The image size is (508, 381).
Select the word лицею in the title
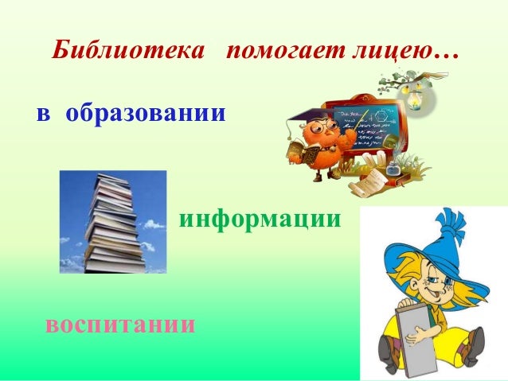tap(390, 53)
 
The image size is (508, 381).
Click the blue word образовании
tap(145, 113)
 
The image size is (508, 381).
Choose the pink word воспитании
tap(120, 325)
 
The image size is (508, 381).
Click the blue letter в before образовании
tap(45, 114)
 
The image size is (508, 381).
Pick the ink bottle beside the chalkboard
tap(392, 169)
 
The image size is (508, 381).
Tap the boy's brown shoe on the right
tap(474, 346)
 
